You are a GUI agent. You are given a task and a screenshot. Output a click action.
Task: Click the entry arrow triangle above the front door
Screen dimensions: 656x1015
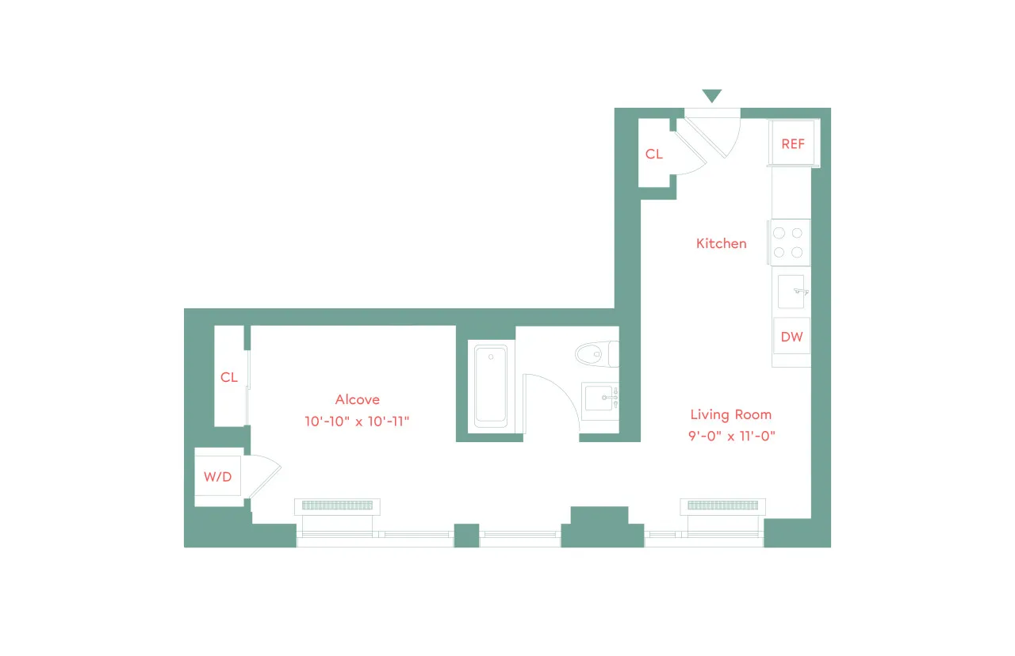coord(712,96)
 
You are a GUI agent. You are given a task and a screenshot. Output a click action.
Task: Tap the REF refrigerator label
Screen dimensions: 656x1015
coord(793,143)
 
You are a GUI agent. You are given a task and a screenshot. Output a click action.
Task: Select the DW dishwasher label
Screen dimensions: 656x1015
coord(791,337)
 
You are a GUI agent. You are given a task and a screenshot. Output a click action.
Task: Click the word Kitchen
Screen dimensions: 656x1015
coord(722,244)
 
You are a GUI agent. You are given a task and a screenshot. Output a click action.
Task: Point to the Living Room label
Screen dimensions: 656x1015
coord(730,414)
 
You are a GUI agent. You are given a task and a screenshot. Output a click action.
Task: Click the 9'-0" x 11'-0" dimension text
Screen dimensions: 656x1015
coord(730,435)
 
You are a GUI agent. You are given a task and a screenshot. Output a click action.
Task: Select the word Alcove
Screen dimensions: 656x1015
coord(357,400)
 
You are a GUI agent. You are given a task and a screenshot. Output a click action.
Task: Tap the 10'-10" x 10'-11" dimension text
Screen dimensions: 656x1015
coord(356,421)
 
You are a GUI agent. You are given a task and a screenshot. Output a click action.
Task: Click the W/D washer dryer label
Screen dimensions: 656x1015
coord(218,477)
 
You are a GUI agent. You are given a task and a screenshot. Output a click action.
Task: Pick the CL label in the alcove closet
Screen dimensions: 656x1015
coord(229,378)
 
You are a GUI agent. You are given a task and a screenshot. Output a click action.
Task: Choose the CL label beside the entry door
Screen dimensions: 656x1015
coord(654,154)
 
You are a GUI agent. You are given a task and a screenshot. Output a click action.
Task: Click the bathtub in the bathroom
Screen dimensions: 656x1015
coord(490,385)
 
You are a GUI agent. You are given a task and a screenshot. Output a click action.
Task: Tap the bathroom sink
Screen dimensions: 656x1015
coord(600,398)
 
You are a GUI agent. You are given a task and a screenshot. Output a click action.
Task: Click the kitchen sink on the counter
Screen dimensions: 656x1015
coord(791,292)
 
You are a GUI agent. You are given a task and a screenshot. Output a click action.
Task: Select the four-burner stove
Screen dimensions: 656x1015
coord(788,242)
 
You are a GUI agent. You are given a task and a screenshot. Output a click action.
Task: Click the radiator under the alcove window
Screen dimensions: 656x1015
coord(337,505)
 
